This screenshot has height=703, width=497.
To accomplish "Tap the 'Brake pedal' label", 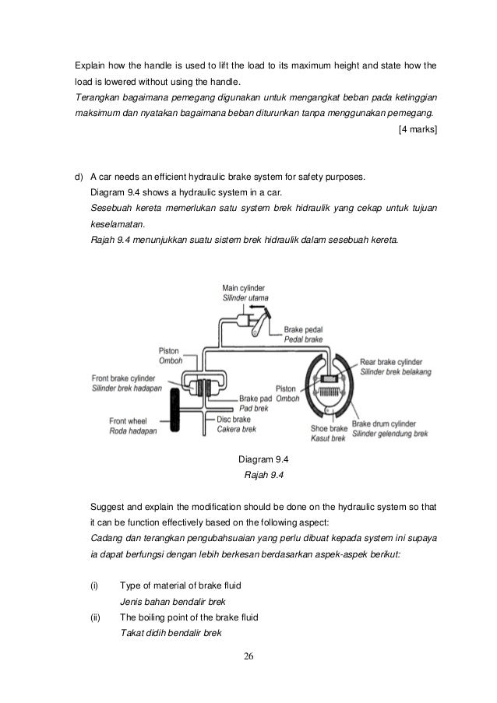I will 305,330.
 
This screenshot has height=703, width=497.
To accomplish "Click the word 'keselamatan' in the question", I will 118,223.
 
